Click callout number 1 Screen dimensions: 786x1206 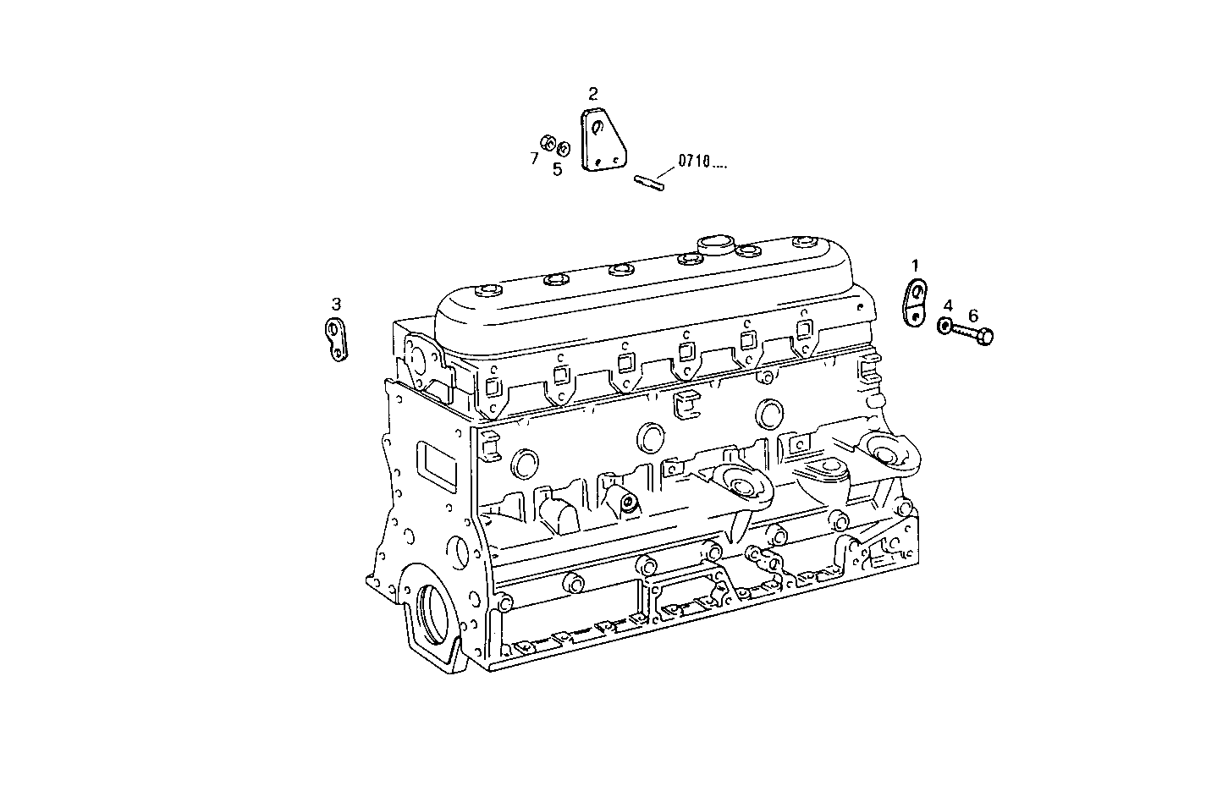coord(914,266)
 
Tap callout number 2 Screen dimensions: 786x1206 coord(592,93)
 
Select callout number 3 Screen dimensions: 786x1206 coord(336,304)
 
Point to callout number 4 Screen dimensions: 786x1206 coord(948,305)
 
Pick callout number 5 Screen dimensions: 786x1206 coord(557,168)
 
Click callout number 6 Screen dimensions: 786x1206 coord(973,316)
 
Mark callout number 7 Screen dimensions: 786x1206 coord(534,158)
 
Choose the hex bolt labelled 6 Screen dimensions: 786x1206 coord(974,335)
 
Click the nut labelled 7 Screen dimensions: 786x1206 coord(548,142)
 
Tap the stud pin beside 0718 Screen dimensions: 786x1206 coord(649,180)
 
